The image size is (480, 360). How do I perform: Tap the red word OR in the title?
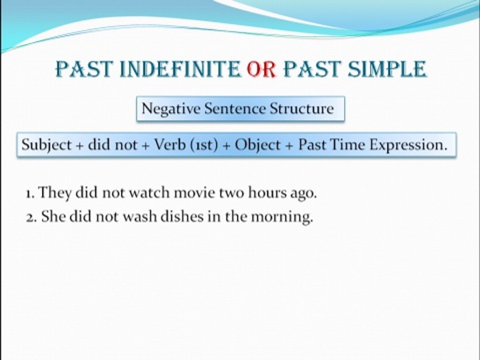click(261, 69)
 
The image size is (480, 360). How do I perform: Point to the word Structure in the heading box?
click(302, 108)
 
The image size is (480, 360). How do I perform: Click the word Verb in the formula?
click(170, 144)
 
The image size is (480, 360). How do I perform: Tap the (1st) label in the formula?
click(204, 145)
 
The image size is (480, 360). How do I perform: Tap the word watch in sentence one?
click(149, 193)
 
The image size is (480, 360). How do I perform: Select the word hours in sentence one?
click(267, 193)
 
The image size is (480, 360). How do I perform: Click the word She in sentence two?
click(54, 216)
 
